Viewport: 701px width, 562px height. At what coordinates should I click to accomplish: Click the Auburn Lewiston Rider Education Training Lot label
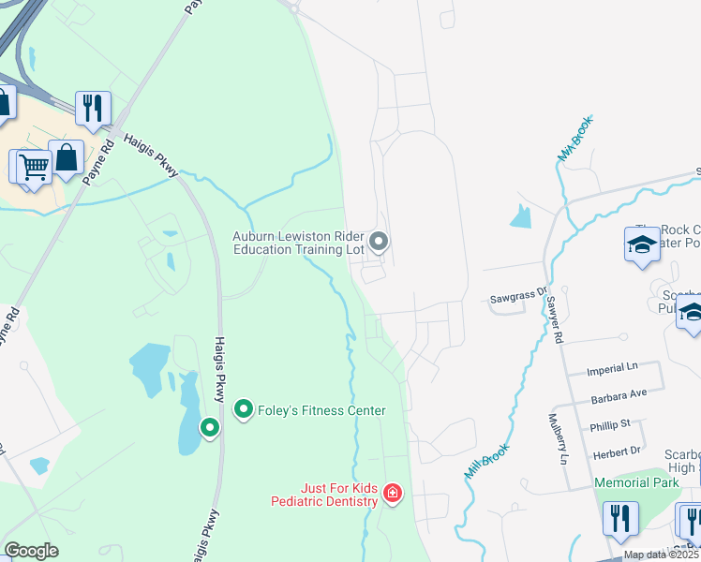pyautogui.click(x=297, y=243)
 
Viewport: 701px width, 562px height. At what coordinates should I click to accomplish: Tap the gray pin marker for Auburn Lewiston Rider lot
pyautogui.click(x=379, y=243)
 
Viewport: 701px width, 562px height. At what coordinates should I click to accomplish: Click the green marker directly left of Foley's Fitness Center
pyautogui.click(x=244, y=409)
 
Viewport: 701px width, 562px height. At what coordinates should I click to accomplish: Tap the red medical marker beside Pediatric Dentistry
pyautogui.click(x=393, y=493)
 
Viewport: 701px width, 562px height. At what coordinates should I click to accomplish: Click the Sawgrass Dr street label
pyautogui.click(x=516, y=300)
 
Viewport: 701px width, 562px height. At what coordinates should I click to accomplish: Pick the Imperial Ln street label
pyautogui.click(x=611, y=371)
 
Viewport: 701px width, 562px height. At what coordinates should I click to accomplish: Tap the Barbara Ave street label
pyautogui.click(x=619, y=397)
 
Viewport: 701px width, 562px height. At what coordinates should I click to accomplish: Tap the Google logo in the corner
pyautogui.click(x=31, y=551)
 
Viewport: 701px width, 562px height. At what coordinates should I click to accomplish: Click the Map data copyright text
pyautogui.click(x=661, y=555)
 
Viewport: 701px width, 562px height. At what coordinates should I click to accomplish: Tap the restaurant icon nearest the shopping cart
pyautogui.click(x=92, y=109)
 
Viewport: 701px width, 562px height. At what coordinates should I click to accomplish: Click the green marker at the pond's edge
pyautogui.click(x=210, y=428)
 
